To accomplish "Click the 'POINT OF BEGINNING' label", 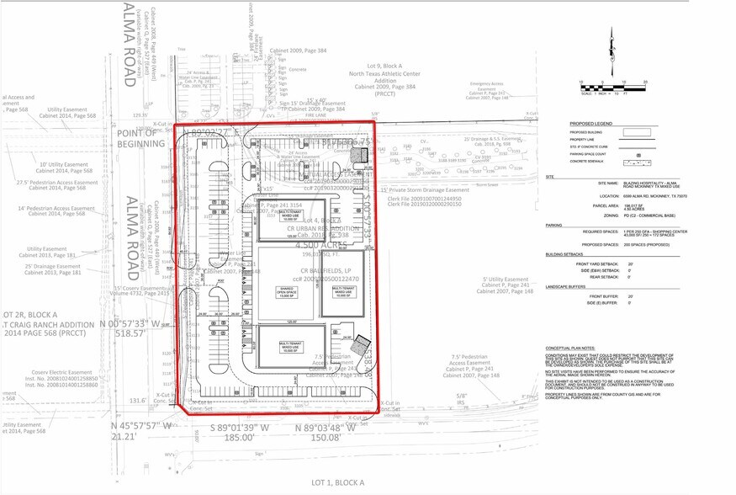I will pyautogui.click(x=135, y=139).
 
